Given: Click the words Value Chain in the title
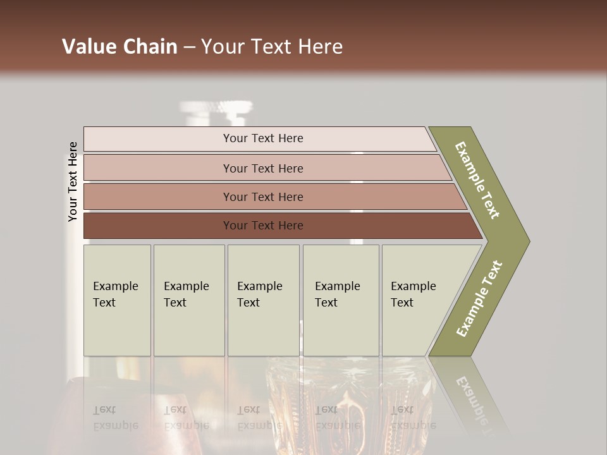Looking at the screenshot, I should (120, 47).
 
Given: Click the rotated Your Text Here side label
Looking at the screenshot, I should (73, 181).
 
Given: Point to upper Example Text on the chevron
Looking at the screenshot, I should (477, 180).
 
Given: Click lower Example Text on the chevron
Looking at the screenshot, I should (479, 299).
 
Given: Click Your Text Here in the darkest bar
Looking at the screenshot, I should (263, 226).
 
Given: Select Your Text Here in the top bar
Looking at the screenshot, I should (263, 138).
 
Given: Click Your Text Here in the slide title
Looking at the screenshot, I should (272, 47).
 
